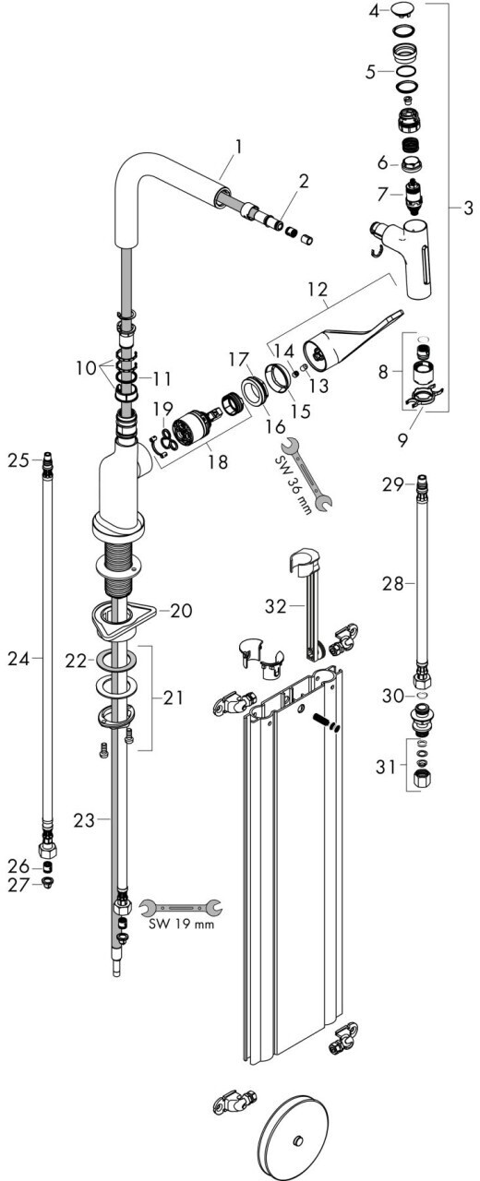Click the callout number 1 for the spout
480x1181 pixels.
238,147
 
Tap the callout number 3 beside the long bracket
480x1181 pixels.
468,208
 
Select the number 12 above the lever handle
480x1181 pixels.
318,289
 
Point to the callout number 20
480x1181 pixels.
181,611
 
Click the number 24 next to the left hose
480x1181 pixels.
18,659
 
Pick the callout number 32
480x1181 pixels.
276,606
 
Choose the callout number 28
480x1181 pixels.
393,584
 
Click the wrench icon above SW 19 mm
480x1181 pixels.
180,907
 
